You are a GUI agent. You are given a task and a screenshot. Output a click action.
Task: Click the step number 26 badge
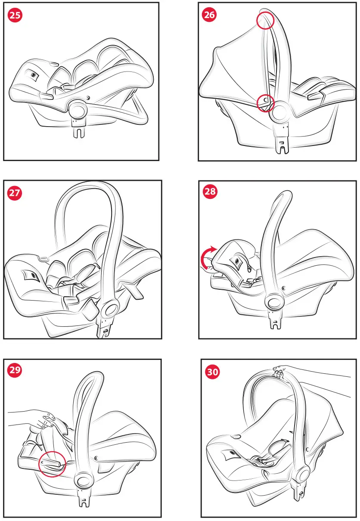210,16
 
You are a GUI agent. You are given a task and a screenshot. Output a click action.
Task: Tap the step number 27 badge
15,193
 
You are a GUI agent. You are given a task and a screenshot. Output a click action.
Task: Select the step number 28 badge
210,192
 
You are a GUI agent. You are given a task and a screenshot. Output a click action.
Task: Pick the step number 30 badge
211,372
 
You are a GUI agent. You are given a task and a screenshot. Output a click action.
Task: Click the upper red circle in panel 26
265,20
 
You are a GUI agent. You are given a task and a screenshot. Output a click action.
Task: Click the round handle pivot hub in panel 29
83,481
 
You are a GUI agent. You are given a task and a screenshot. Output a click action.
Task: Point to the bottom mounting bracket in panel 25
78,130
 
